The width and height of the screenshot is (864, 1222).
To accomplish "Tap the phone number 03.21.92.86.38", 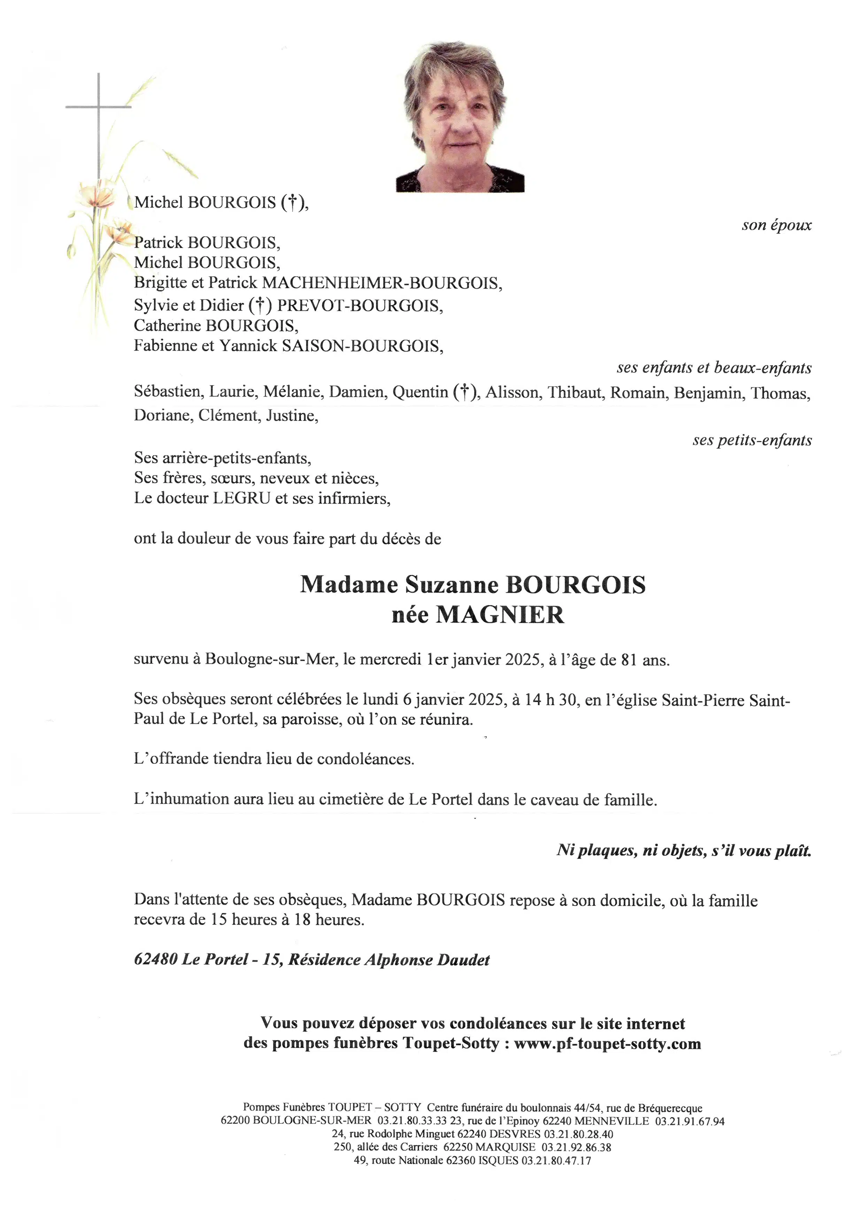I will click(576, 1147).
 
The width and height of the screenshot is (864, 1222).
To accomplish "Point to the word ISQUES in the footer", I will click(498, 1161).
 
